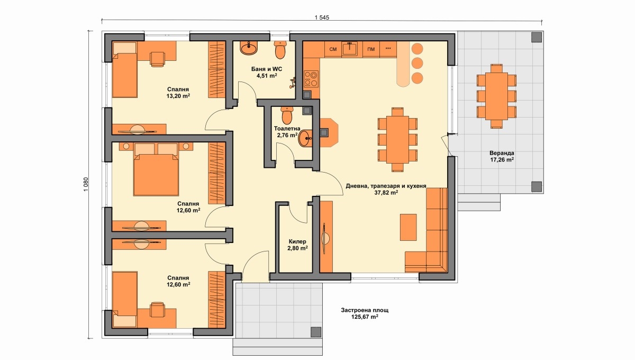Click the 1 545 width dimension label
point(322,17)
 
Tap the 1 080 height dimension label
point(86,184)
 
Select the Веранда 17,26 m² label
point(502,157)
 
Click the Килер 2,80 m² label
point(297,245)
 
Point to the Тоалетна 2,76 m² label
point(287,132)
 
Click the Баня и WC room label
point(267,69)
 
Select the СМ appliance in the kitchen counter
point(333,49)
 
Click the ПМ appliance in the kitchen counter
point(371,49)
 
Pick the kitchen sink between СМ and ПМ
point(350,49)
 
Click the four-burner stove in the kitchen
point(311,79)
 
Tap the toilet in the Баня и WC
point(280,50)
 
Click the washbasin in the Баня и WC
point(249,48)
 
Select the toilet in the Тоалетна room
point(287,115)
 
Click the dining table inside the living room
point(397,140)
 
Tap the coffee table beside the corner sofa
point(408,227)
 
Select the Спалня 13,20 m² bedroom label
point(178,93)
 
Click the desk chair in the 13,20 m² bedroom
point(158,59)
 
